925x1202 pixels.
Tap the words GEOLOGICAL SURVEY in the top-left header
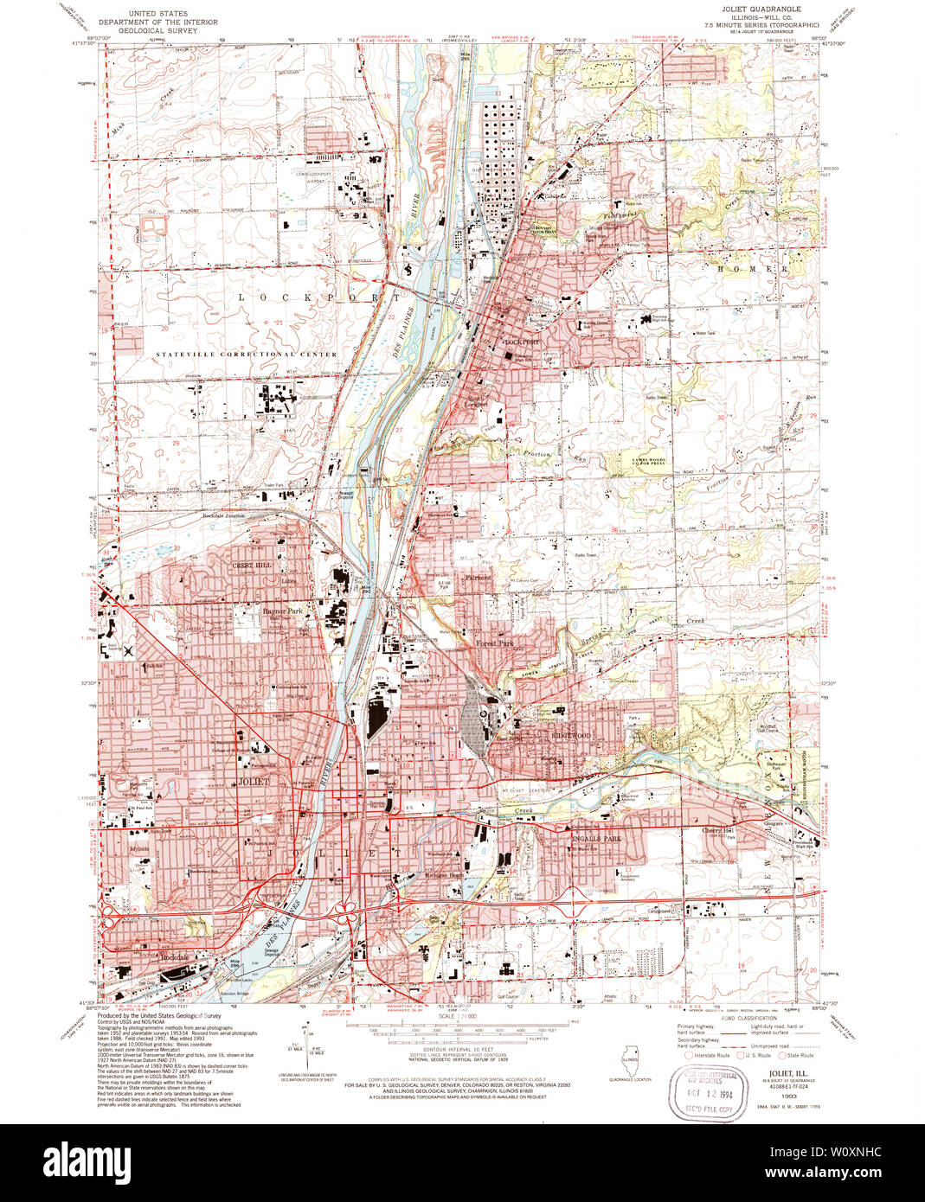(x=158, y=30)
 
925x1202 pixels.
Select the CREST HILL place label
(x=251, y=565)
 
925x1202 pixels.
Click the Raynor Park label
(x=282, y=611)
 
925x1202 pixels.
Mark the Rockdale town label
(x=174, y=958)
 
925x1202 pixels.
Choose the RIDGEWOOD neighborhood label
(x=571, y=736)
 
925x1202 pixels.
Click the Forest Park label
(x=495, y=643)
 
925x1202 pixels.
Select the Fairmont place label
(x=478, y=578)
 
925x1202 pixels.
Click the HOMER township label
(x=752, y=269)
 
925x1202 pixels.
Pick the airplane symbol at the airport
(x=129, y=649)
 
